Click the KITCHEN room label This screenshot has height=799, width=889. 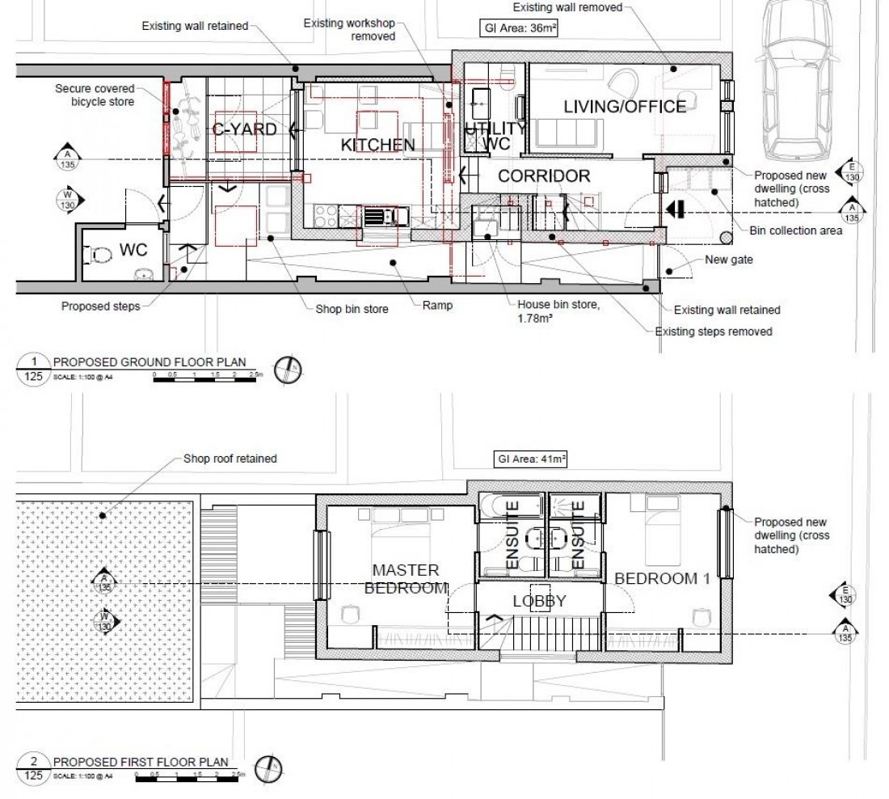(377, 145)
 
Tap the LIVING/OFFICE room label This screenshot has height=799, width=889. (625, 106)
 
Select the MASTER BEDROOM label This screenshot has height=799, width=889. (406, 578)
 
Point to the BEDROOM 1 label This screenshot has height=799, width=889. (655, 578)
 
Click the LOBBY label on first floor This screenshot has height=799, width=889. (539, 602)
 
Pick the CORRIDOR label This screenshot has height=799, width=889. (543, 175)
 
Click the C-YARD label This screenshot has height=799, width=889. (244, 129)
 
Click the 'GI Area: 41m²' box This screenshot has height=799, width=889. (531, 459)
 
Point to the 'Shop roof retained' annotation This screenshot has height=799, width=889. (230, 459)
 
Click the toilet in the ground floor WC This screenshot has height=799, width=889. (102, 254)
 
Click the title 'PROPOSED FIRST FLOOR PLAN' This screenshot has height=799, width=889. (140, 763)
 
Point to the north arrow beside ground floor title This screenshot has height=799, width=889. (289, 368)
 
